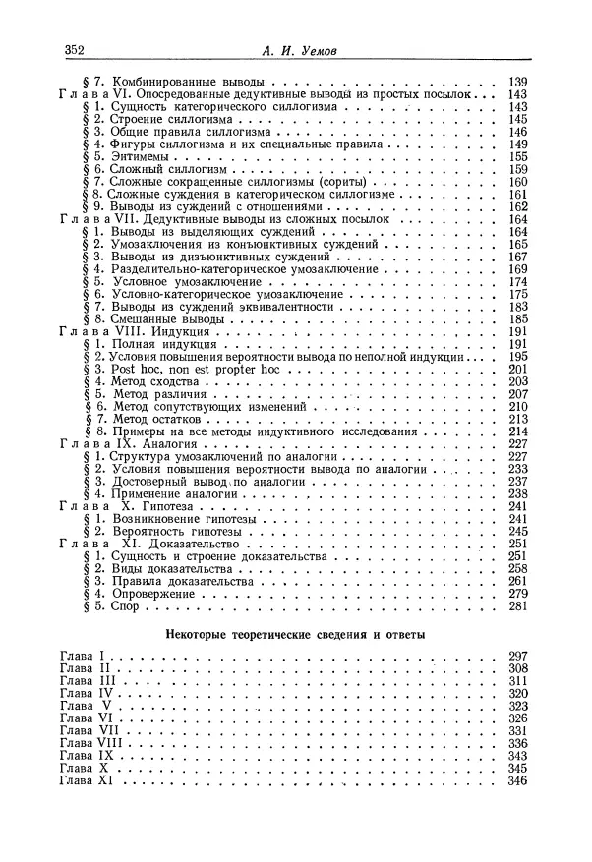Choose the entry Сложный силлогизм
[161, 170]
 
